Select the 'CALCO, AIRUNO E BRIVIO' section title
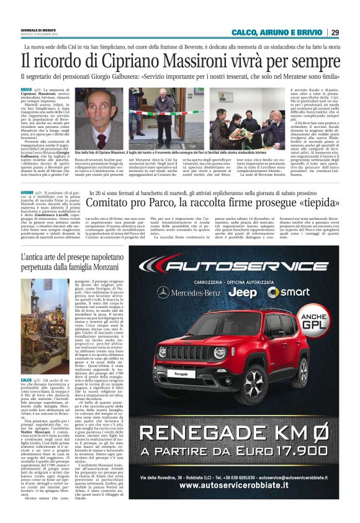click(x=277, y=32)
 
